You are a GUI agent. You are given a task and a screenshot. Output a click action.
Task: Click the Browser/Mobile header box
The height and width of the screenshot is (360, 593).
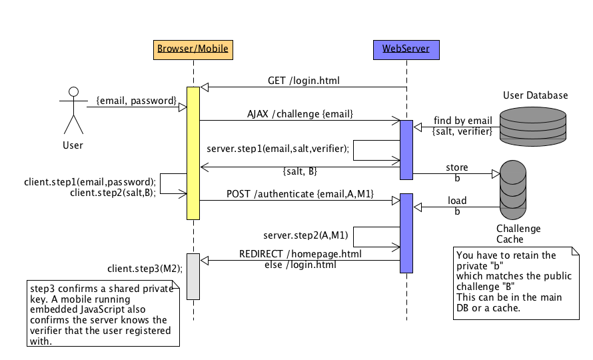click(x=193, y=49)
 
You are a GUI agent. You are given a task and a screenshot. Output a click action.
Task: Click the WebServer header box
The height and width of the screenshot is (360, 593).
click(x=406, y=49)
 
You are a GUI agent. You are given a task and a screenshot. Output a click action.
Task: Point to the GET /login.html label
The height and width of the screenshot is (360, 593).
click(x=303, y=81)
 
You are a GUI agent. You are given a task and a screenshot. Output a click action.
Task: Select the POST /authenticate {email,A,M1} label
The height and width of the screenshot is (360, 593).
click(x=300, y=193)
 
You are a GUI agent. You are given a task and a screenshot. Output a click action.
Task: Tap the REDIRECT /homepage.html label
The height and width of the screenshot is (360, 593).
click(x=301, y=254)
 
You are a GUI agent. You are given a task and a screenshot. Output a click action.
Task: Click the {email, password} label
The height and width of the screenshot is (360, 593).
click(x=136, y=101)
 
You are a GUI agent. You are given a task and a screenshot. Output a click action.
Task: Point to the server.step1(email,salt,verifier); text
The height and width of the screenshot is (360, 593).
click(x=278, y=149)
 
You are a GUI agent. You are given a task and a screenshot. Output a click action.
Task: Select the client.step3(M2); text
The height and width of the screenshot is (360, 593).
click(x=145, y=269)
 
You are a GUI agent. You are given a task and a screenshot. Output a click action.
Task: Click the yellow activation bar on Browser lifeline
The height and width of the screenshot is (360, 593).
click(x=193, y=153)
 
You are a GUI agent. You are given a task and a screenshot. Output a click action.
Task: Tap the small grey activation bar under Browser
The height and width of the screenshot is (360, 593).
click(x=193, y=276)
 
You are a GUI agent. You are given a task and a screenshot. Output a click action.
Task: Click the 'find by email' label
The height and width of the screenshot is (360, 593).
click(x=462, y=121)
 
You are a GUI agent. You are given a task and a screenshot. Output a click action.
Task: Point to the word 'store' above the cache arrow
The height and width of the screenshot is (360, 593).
click(x=457, y=167)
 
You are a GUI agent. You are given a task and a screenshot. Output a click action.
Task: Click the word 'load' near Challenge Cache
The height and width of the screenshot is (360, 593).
click(x=457, y=200)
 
